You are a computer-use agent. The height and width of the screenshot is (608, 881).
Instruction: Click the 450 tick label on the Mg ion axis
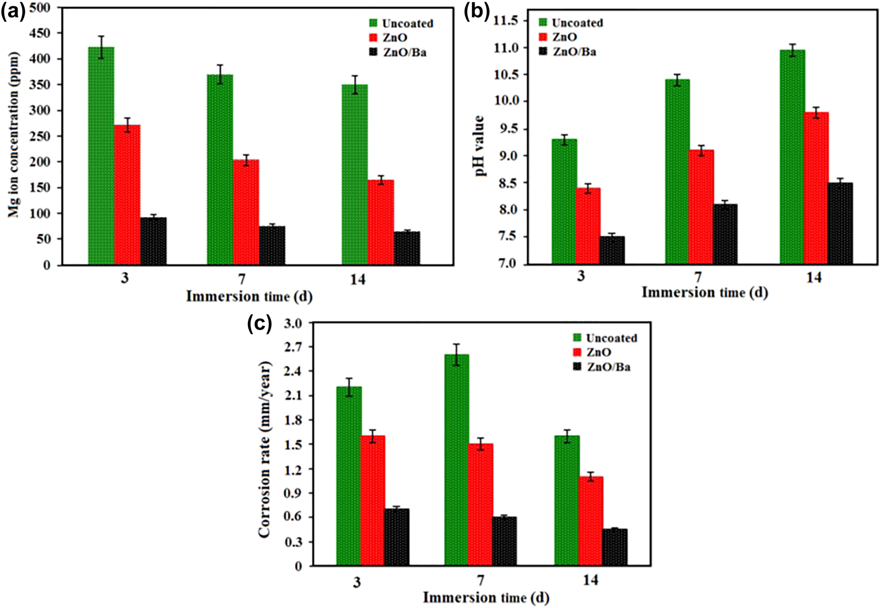40,33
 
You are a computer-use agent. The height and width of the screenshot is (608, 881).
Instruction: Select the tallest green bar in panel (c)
457,460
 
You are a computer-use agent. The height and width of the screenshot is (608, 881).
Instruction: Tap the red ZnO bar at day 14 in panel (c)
590,521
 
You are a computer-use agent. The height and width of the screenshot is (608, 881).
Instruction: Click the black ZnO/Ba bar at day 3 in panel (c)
397,537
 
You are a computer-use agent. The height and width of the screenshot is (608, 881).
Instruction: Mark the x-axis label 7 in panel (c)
481,580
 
